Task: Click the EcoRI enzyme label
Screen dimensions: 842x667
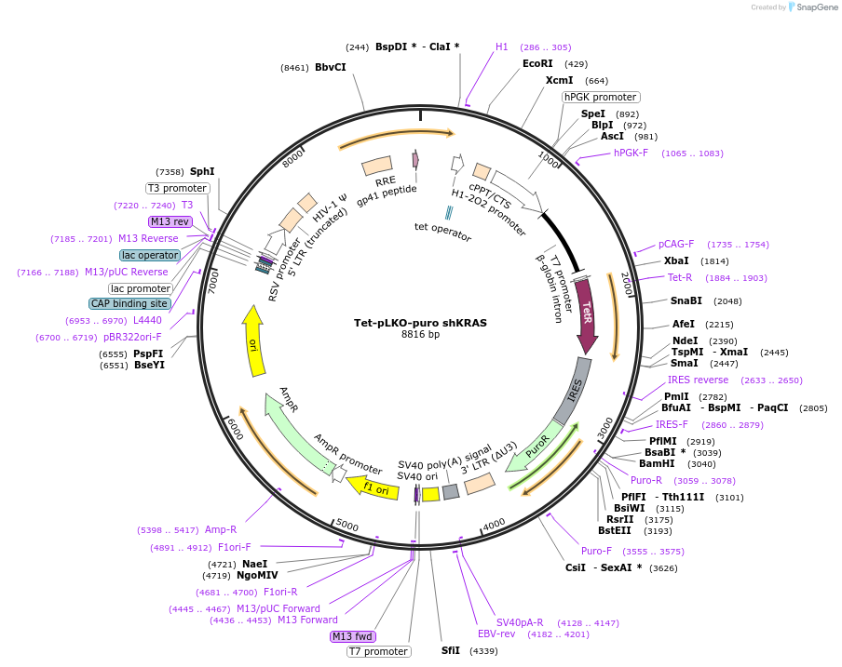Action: pos(537,63)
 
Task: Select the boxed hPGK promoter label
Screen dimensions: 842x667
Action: pos(601,97)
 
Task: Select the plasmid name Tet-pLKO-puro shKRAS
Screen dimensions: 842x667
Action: pos(420,323)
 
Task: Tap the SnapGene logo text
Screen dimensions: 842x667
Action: pos(817,7)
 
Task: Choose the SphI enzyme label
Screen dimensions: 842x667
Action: pos(202,171)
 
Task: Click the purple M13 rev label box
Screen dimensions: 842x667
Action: pos(170,221)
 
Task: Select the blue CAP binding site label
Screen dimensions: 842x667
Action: pos(130,303)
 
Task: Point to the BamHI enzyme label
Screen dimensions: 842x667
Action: pos(657,463)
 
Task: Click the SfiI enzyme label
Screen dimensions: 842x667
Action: pos(451,650)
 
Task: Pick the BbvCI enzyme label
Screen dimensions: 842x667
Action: pos(330,67)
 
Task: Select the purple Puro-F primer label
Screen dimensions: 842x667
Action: pos(597,551)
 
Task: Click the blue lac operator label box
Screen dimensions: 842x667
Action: pos(149,255)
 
